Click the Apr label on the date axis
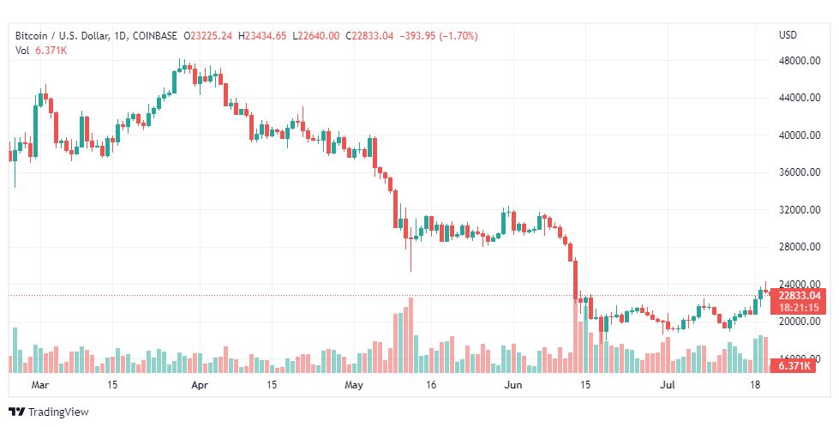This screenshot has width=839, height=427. pyautogui.click(x=200, y=386)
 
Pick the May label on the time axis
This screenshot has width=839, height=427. pyautogui.click(x=353, y=386)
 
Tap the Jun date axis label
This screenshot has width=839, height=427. pyautogui.click(x=513, y=386)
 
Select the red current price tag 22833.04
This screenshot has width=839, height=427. pyautogui.click(x=800, y=295)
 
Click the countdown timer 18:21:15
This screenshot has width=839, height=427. pyautogui.click(x=800, y=307)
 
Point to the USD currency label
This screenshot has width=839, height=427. pyautogui.click(x=788, y=35)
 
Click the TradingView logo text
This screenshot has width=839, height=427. pyautogui.click(x=58, y=412)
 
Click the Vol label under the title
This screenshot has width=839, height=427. pyautogui.click(x=23, y=51)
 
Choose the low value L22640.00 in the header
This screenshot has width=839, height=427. pyautogui.click(x=318, y=35)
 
